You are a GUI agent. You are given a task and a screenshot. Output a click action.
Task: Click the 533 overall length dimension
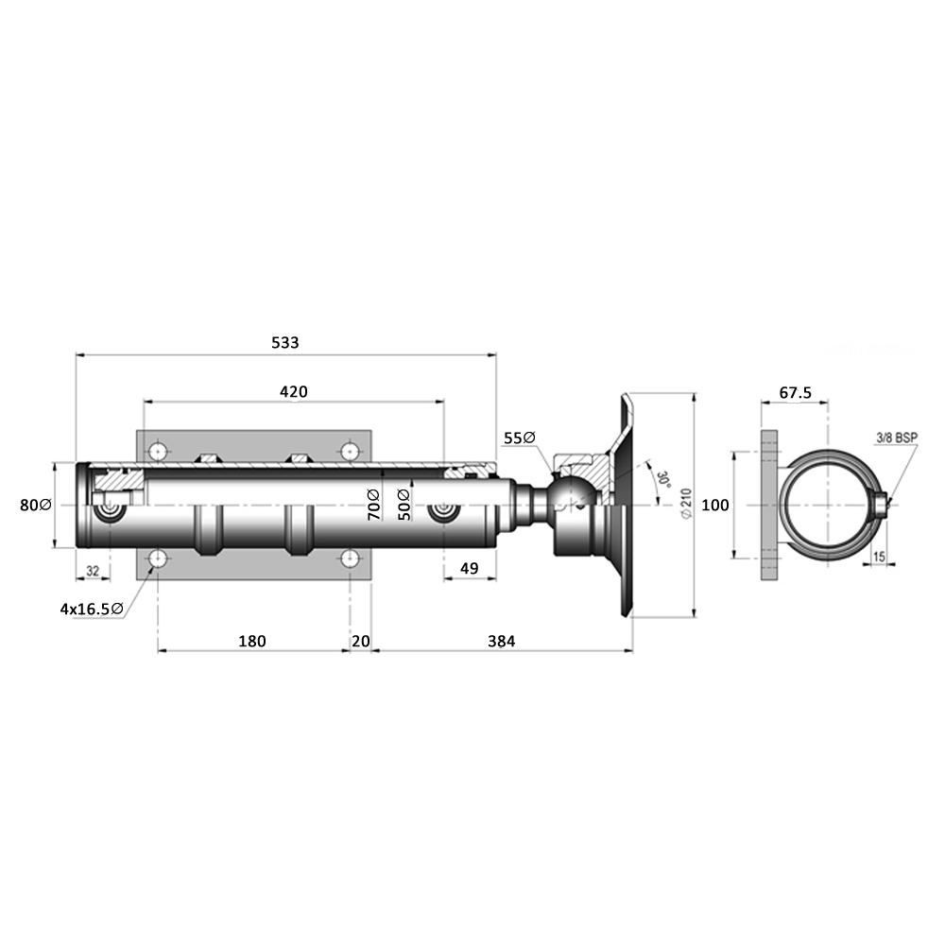[x=284, y=343]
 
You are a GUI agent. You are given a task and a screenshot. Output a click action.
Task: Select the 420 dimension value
[x=293, y=391]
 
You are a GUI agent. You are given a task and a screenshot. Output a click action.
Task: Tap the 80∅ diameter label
[x=35, y=505]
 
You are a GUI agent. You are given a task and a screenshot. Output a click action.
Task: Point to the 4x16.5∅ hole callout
[x=91, y=610]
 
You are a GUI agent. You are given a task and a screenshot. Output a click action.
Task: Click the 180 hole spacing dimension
[x=252, y=641]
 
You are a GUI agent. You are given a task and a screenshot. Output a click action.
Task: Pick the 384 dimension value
[x=501, y=641]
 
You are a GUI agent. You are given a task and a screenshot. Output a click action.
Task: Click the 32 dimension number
[x=93, y=571]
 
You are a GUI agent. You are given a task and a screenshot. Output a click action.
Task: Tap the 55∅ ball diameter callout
[x=520, y=438]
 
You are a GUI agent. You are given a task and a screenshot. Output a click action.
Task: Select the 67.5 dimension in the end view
[x=796, y=392]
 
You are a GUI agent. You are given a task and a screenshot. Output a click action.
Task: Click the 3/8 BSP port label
[x=896, y=438]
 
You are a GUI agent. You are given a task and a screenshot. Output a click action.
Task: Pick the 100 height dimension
[x=715, y=505]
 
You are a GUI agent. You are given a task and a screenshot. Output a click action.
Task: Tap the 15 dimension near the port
[x=879, y=558]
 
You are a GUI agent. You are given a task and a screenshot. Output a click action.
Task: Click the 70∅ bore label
[x=374, y=503]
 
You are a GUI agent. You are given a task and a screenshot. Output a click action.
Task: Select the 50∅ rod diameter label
[x=404, y=503]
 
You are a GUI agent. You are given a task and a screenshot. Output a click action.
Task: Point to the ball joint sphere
[x=576, y=495]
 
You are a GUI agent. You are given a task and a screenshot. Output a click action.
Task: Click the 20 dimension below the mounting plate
[x=360, y=641]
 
